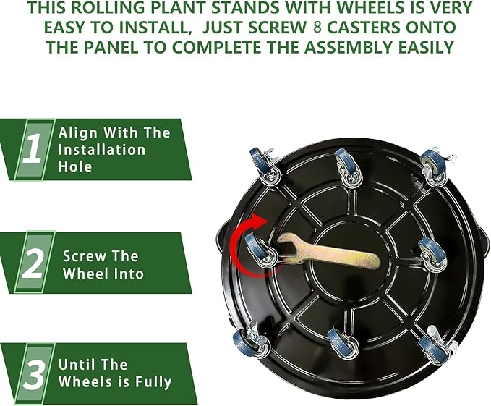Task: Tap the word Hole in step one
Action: coord(75,167)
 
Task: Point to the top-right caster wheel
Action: coord(433,166)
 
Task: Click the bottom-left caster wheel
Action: coord(246,347)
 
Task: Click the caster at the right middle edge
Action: coord(432,253)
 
